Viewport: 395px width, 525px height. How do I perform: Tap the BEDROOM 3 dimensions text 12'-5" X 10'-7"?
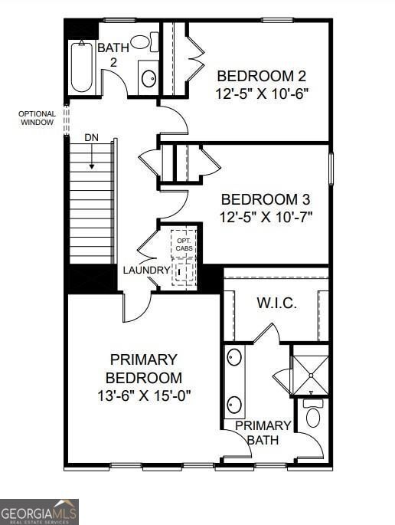point(266,217)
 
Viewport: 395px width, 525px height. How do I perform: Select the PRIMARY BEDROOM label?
point(144,369)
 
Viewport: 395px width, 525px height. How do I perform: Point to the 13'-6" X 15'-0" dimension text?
point(144,396)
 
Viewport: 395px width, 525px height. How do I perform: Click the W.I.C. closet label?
point(276,304)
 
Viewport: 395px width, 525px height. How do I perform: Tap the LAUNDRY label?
point(146,271)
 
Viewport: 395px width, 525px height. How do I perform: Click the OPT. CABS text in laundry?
point(184,244)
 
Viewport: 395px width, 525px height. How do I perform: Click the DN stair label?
point(91,137)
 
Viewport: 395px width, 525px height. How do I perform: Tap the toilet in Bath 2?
point(143,41)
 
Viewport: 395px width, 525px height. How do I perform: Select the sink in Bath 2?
point(149,77)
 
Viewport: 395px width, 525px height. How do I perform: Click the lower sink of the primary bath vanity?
point(235,404)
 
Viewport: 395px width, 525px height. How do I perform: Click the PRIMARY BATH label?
point(263,433)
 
